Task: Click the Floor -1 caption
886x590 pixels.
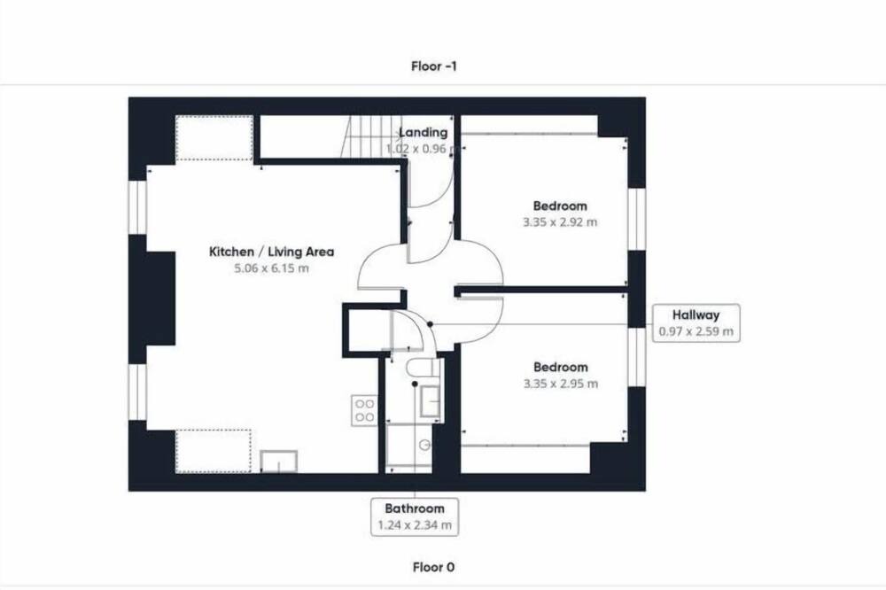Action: click(434, 66)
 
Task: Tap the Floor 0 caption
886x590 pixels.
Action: click(433, 567)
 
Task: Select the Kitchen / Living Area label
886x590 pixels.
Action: click(271, 252)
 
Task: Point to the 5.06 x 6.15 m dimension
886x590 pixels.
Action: click(271, 268)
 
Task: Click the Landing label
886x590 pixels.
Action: click(424, 132)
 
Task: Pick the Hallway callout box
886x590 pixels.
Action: click(696, 322)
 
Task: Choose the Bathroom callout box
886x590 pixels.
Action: click(415, 516)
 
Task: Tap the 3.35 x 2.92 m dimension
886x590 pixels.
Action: click(559, 222)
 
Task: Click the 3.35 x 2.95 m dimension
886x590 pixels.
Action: click(560, 384)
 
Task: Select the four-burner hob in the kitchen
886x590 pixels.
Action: click(364, 410)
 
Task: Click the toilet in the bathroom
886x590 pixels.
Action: click(423, 368)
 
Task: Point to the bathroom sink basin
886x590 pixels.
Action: click(430, 402)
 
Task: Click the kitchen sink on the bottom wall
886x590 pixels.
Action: click(278, 462)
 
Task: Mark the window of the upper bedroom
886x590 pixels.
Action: click(637, 218)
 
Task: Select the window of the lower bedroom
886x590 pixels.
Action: click(637, 357)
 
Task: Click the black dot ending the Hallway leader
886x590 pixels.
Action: click(430, 324)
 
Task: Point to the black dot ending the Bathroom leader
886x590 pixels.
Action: click(415, 384)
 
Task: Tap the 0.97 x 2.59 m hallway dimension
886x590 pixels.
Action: click(696, 331)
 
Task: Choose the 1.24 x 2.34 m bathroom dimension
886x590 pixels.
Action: click(415, 525)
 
